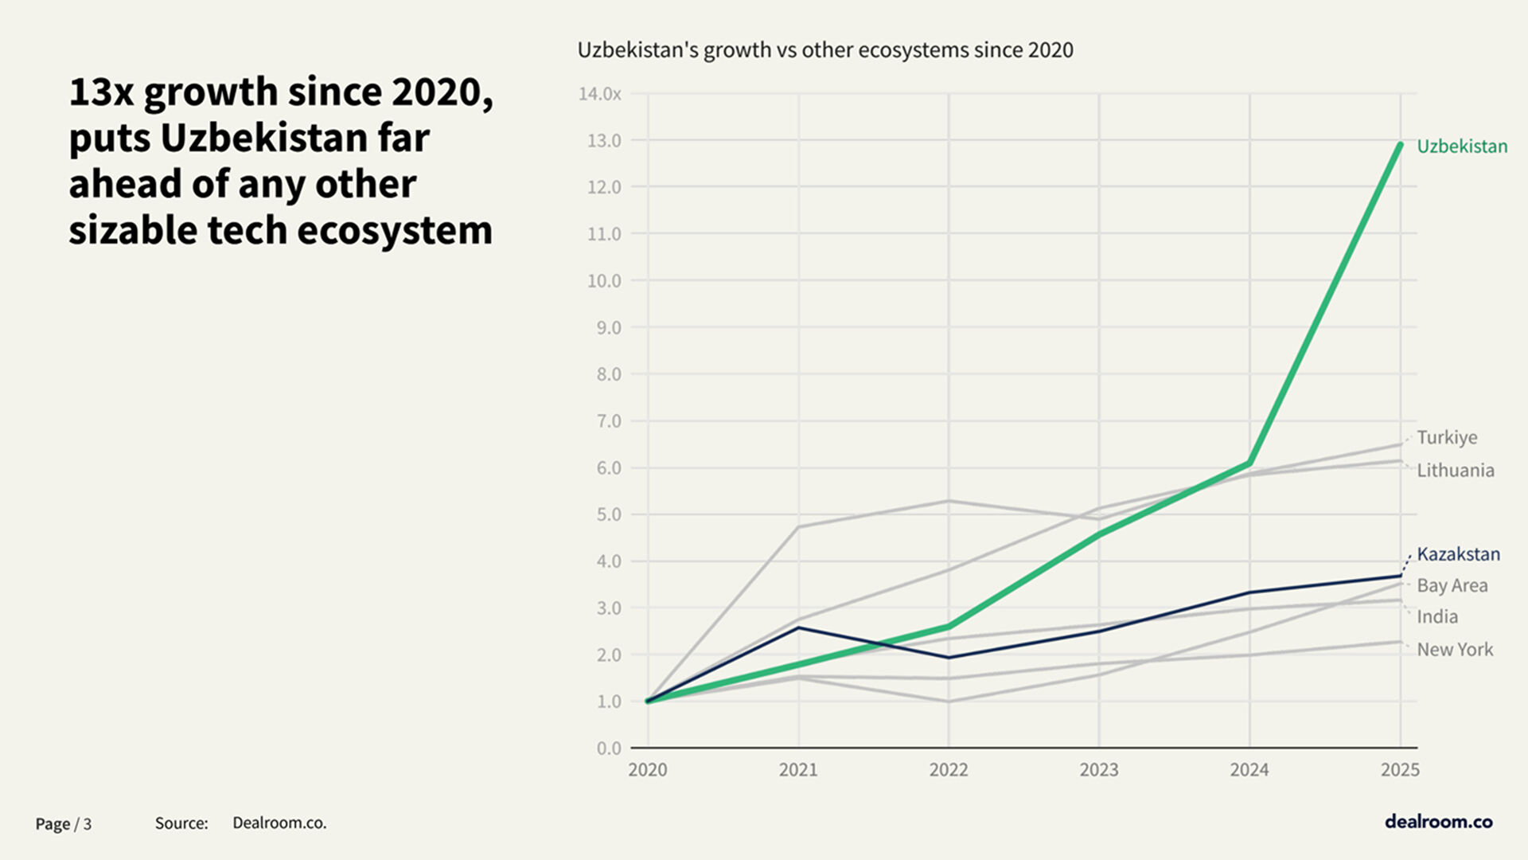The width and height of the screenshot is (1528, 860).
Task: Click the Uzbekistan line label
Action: (x=1462, y=147)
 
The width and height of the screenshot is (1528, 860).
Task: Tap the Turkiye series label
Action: (x=1447, y=437)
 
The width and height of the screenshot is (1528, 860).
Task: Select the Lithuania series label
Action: (x=1455, y=471)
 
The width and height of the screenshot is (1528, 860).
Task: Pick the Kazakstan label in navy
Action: (x=1458, y=554)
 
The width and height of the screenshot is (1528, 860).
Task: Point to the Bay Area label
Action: (x=1452, y=586)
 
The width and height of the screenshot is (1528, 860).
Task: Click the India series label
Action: (x=1437, y=617)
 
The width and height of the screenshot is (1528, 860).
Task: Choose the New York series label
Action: (x=1455, y=650)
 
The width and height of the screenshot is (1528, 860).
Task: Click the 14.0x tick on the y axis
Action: (x=599, y=94)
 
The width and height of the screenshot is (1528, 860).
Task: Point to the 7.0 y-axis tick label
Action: (x=609, y=421)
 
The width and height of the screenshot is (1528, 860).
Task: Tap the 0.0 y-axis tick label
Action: (x=609, y=749)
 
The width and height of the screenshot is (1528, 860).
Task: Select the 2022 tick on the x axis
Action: (x=949, y=770)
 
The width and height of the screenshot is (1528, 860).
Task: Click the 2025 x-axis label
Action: (x=1400, y=770)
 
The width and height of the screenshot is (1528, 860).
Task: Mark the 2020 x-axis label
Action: (x=648, y=770)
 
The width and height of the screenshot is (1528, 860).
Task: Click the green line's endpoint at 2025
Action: (x=1400, y=144)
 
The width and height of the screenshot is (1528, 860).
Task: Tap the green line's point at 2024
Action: (x=1249, y=463)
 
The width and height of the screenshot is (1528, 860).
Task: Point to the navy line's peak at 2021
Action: (x=798, y=628)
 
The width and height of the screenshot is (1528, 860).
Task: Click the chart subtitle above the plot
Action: (x=825, y=50)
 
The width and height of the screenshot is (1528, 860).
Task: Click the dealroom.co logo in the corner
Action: (x=1438, y=822)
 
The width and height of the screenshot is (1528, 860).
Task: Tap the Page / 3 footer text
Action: (x=64, y=824)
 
